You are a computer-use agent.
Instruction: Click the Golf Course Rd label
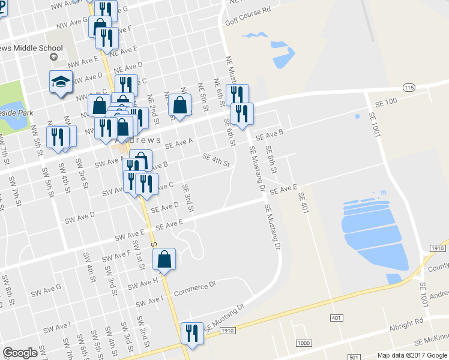(x=248, y=10)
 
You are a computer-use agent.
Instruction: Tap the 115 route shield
(x=408, y=88)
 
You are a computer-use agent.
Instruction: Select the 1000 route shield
(x=304, y=342)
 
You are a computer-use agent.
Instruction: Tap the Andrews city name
(x=137, y=140)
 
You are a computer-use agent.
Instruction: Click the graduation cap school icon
(x=60, y=81)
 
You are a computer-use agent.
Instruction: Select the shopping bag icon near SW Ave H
(x=164, y=259)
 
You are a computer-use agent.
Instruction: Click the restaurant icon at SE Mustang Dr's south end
(x=192, y=334)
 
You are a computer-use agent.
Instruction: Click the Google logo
(x=20, y=353)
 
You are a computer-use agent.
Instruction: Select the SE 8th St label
(x=271, y=159)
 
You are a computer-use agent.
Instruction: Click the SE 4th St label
(x=217, y=159)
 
